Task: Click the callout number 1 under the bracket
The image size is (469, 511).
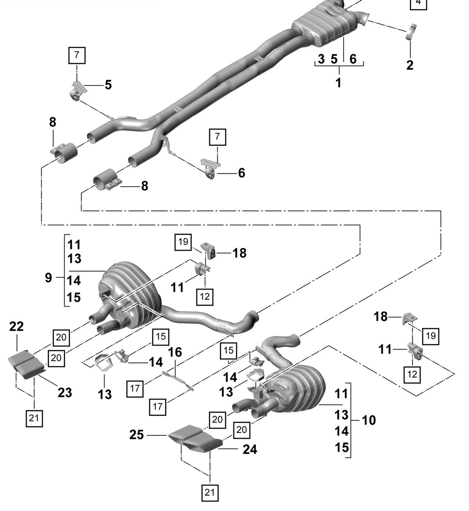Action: coord(338,83)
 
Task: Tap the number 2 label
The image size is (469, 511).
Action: coord(410,65)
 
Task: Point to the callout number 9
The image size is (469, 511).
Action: coord(48,278)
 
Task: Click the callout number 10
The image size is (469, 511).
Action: coord(369,420)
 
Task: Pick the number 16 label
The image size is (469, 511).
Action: coord(175,352)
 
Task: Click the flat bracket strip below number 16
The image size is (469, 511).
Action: coord(178,381)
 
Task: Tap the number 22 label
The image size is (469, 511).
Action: coord(16,326)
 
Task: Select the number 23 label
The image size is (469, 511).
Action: coord(65,393)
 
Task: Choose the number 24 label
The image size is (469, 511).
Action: coord(250,450)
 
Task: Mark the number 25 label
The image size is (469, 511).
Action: coord(137,435)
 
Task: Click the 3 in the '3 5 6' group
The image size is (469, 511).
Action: coord(321,59)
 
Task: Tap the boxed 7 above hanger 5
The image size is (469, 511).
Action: coord(77,55)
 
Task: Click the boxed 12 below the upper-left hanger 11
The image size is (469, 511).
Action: coord(205,297)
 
